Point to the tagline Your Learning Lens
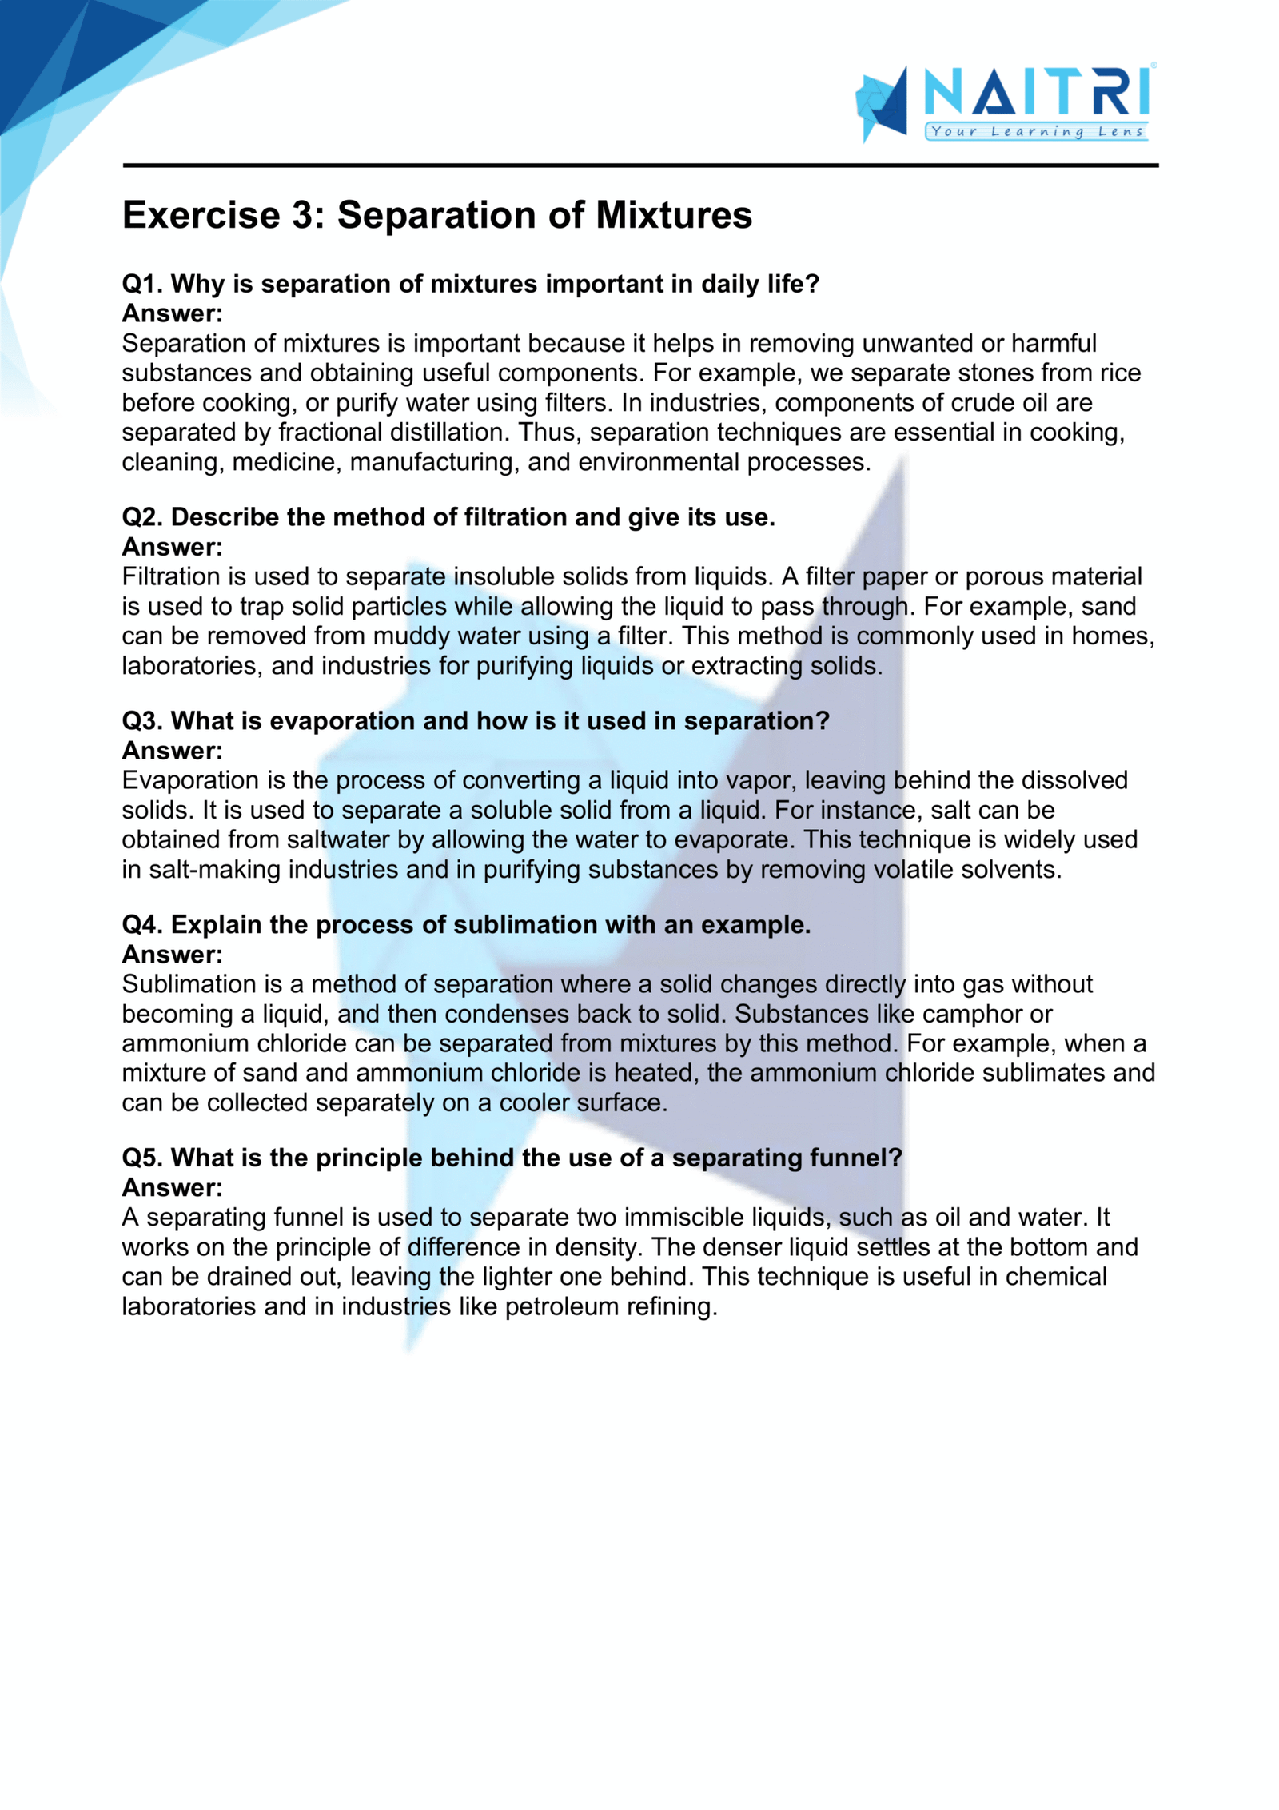coord(1037,132)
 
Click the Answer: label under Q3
coord(172,751)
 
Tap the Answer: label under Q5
coord(172,1187)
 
